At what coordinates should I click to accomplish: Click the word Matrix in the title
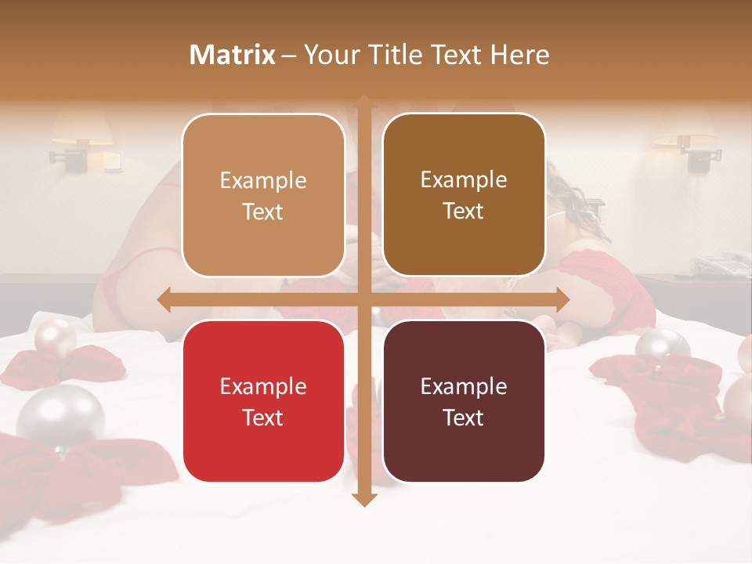(233, 55)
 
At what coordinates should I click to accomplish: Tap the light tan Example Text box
(263, 196)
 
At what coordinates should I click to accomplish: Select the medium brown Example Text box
(464, 196)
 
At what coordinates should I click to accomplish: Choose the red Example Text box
(263, 402)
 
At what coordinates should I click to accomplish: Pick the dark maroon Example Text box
(464, 402)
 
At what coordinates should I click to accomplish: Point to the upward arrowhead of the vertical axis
(363, 100)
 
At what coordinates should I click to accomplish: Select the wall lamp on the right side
(685, 143)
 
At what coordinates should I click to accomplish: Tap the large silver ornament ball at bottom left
(60, 415)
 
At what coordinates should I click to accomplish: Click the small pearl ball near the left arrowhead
(56, 337)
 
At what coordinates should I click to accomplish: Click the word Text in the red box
(263, 418)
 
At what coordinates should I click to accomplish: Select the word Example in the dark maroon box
(464, 386)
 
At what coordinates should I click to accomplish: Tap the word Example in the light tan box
(263, 180)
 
